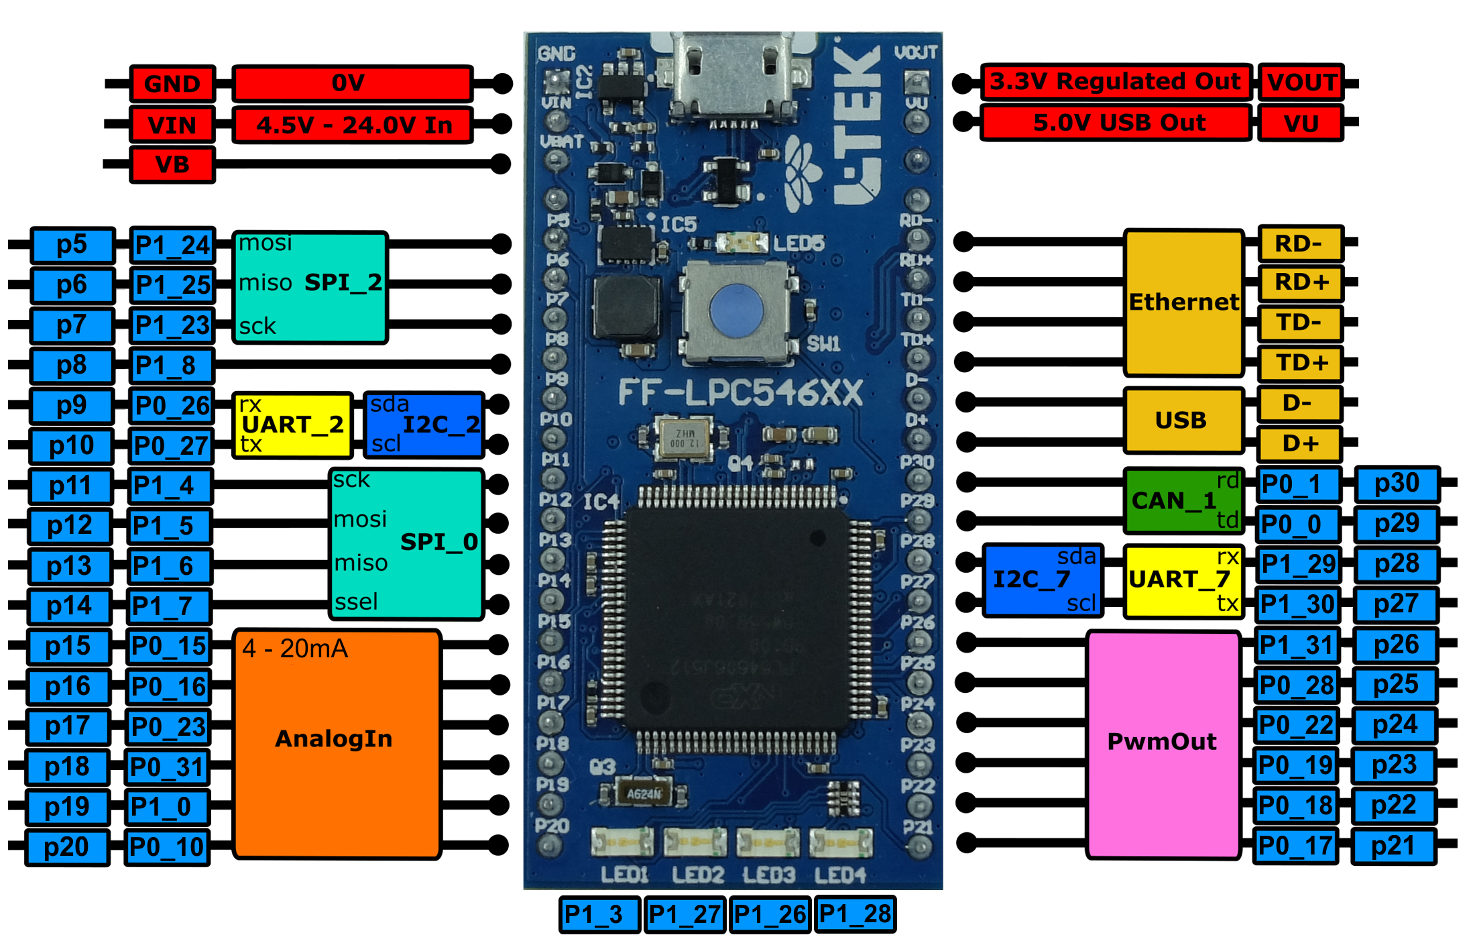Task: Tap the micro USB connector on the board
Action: coord(734,74)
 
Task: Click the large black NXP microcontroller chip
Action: coord(734,620)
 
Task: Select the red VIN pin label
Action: coord(172,125)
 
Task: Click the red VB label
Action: coord(172,165)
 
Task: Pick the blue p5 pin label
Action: coord(72,245)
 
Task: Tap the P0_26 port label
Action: coord(172,406)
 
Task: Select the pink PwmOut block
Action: coord(1162,742)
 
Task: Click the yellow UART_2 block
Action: coord(293,425)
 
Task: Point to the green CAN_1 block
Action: coord(1173,500)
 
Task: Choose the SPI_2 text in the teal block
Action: coord(343,282)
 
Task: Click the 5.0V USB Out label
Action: coord(1118,123)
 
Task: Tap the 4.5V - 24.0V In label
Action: coord(353,125)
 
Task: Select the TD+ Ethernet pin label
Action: coord(1301,363)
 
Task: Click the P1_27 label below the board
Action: coord(685,915)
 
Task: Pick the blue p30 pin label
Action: coord(1397,484)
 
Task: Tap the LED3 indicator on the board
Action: coord(768,842)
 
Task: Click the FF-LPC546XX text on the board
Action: coord(740,393)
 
